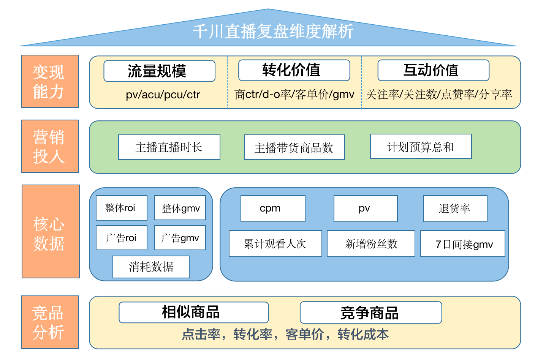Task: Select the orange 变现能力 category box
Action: coord(50,81)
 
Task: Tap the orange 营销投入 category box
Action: coord(50,146)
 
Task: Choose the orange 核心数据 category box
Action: coord(51,232)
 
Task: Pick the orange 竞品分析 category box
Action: coord(50,322)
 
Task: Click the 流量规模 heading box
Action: coord(159,71)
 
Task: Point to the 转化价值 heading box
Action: coord(294,70)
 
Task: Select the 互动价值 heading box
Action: coord(433,70)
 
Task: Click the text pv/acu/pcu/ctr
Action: coord(163,95)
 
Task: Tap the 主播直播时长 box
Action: coord(169,147)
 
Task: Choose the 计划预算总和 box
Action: coord(421,147)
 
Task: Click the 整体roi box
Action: coord(121,208)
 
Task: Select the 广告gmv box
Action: coord(180,238)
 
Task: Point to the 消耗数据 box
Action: coord(151,267)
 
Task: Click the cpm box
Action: coord(273,208)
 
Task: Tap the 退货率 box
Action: coord(455,208)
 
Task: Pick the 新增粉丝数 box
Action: coord(371,244)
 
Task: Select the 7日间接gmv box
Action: coord(462,244)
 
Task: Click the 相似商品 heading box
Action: coord(193,313)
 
